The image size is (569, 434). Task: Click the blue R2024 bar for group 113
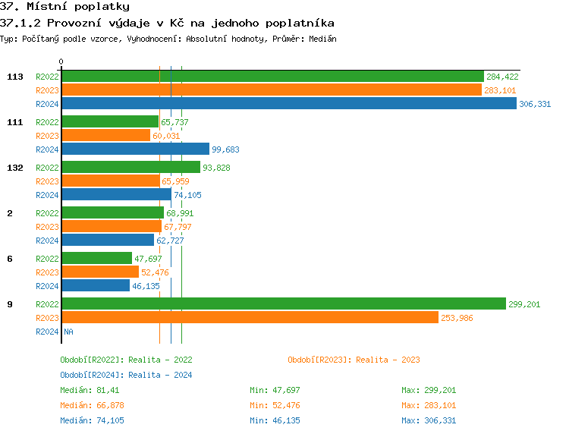click(x=288, y=104)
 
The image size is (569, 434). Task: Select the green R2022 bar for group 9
click(x=283, y=304)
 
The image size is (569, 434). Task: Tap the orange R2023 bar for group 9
click(x=250, y=318)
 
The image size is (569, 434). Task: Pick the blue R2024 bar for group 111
click(x=135, y=149)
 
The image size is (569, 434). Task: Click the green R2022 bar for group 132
click(x=130, y=168)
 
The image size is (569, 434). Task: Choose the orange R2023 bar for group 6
click(x=100, y=272)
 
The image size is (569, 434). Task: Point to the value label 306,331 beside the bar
click(x=535, y=104)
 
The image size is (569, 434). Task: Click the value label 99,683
click(x=225, y=149)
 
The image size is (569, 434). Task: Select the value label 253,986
click(x=456, y=318)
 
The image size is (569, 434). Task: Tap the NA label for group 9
click(x=68, y=332)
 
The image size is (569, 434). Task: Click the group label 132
click(x=14, y=168)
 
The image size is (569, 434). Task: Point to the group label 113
click(x=14, y=77)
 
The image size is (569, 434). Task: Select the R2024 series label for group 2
click(x=47, y=241)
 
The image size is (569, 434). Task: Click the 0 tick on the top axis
click(x=61, y=61)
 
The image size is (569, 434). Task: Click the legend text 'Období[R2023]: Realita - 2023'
click(x=354, y=360)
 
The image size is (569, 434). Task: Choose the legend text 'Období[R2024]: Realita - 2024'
click(x=126, y=375)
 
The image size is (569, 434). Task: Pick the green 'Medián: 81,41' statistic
click(x=89, y=390)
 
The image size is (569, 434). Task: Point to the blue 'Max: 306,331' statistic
click(x=429, y=420)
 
